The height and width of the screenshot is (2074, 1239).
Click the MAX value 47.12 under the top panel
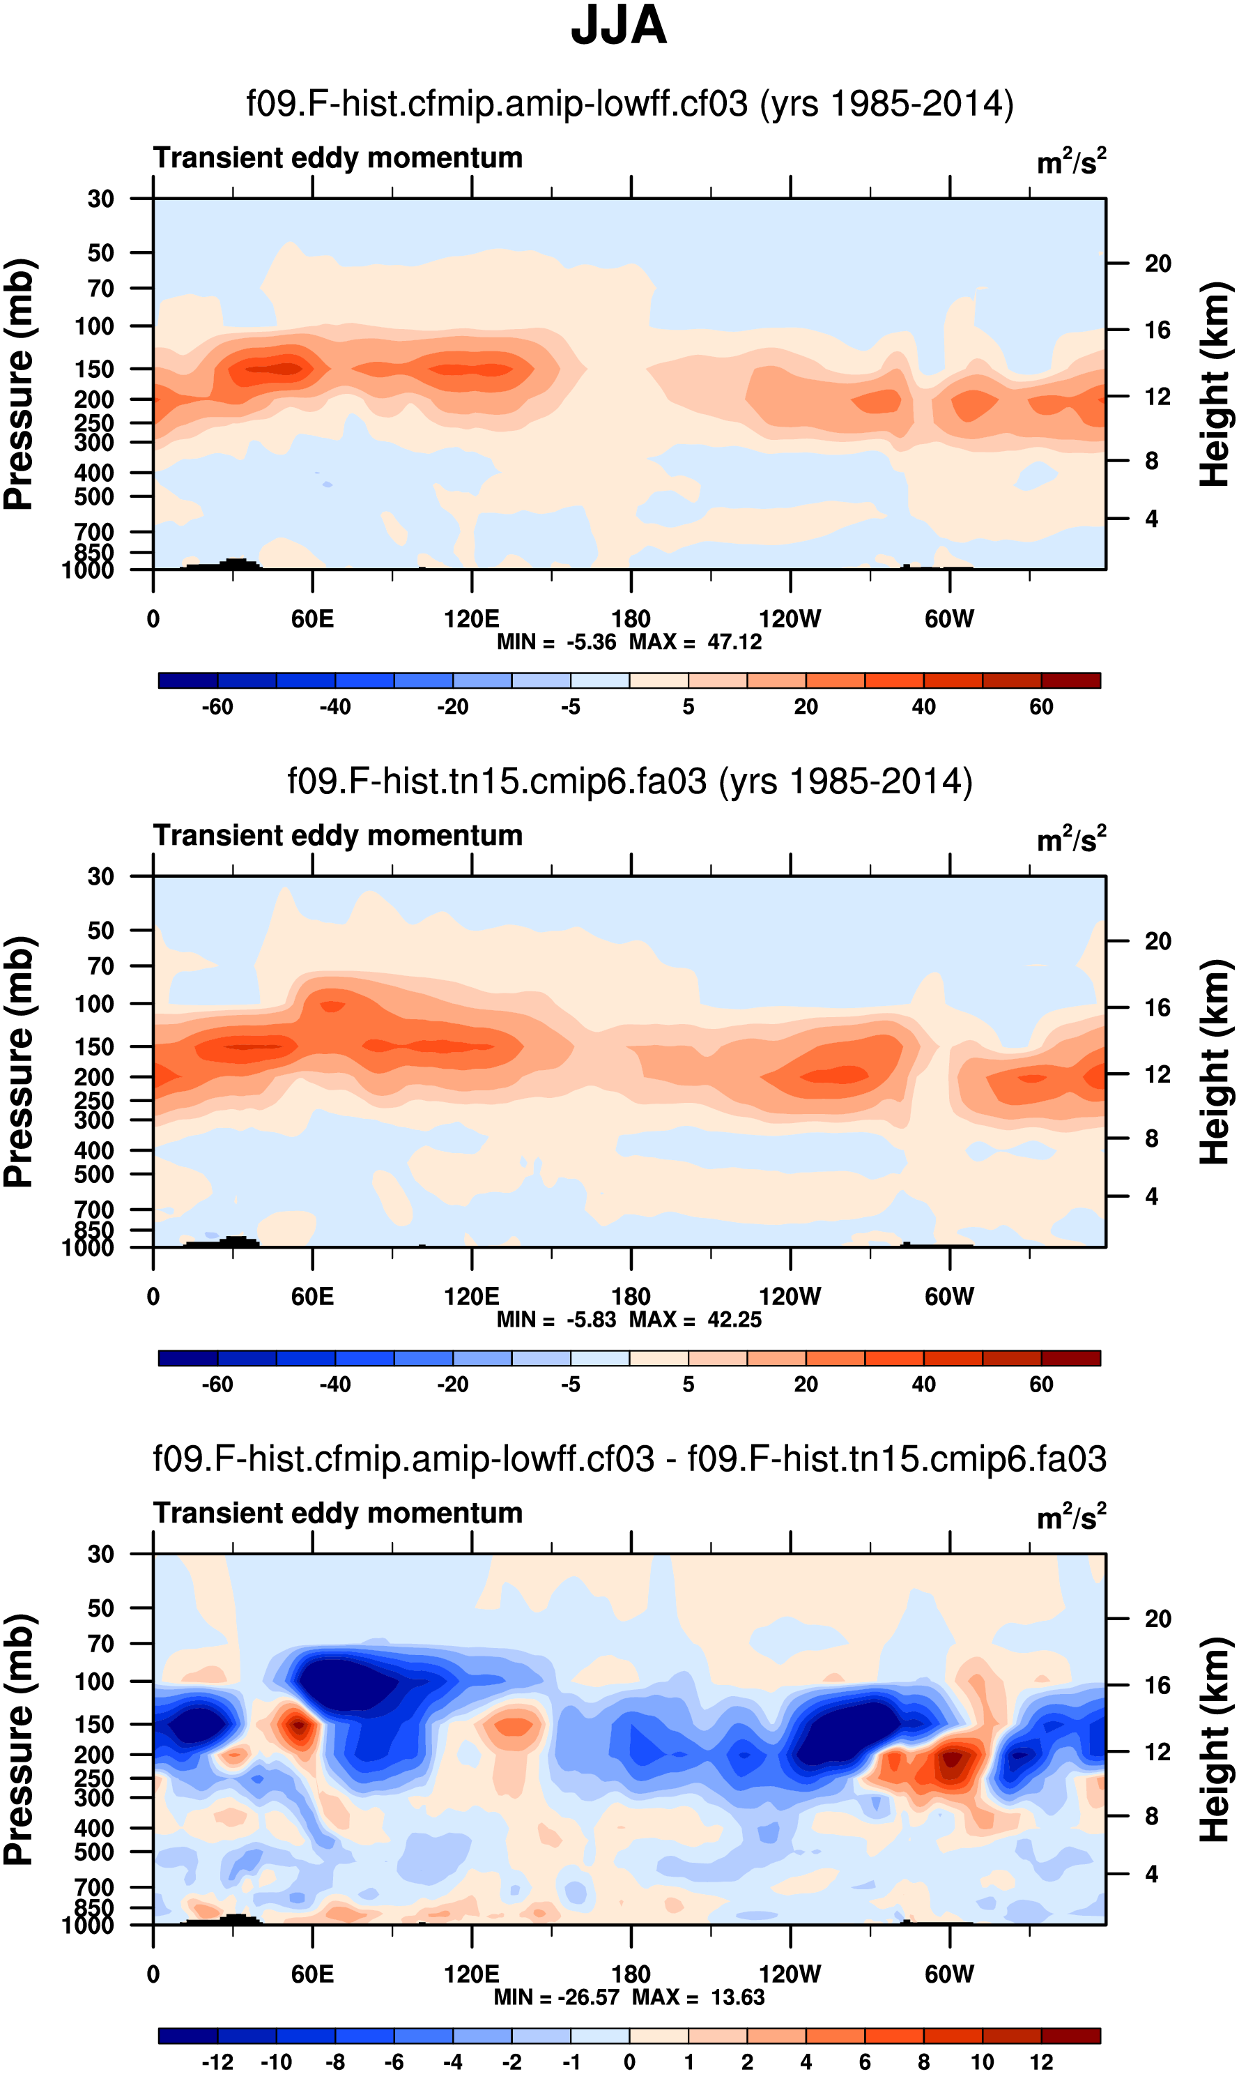click(734, 642)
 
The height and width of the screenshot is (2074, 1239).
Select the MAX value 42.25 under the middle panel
click(734, 1320)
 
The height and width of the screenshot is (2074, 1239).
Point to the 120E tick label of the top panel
click(472, 619)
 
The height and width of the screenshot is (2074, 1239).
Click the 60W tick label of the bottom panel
click(949, 1974)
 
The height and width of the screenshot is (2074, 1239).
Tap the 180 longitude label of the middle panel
click(631, 1297)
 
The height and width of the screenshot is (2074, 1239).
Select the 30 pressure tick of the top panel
click(101, 199)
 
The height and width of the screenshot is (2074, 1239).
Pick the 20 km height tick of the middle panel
click(1157, 941)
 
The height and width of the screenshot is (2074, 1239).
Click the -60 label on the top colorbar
click(217, 707)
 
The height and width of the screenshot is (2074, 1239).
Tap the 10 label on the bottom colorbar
click(982, 2061)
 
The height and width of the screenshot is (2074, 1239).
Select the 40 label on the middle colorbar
click(923, 1384)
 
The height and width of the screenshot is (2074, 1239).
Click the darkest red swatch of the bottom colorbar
click(1070, 2036)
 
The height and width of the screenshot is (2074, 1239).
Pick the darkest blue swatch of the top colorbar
click(188, 680)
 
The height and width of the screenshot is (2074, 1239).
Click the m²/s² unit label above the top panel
click(1071, 161)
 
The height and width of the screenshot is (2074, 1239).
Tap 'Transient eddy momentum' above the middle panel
click(338, 835)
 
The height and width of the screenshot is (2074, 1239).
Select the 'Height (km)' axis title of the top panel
click(1215, 384)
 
